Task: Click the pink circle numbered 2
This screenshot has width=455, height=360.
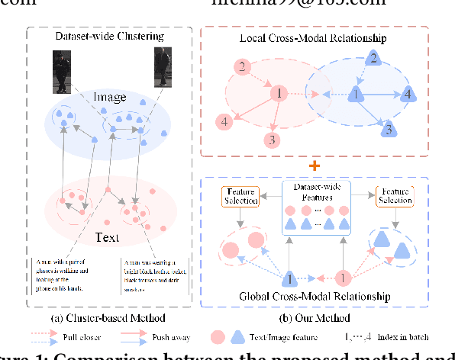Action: [242, 68]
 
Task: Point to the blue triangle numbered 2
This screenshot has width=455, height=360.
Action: [373, 58]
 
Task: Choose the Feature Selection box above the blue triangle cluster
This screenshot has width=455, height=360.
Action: [394, 194]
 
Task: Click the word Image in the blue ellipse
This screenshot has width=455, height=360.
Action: [110, 98]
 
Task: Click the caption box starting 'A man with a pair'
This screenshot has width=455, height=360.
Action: [69, 275]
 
